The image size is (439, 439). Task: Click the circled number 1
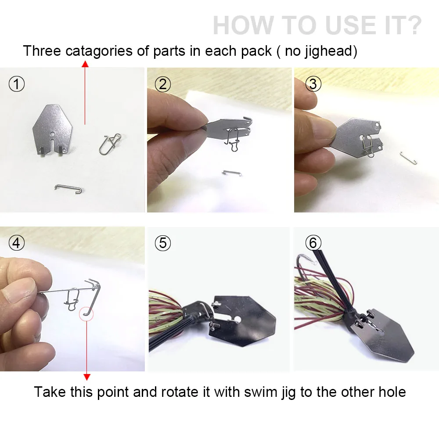click(17, 84)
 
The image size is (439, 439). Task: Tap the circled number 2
click(163, 84)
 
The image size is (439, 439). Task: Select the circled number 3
click(313, 84)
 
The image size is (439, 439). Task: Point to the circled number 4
click(17, 242)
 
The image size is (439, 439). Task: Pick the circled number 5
click(163, 242)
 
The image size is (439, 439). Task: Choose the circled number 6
click(313, 242)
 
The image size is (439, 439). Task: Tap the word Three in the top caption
click(42, 51)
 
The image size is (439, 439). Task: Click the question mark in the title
click(412, 25)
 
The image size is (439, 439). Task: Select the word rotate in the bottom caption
click(182, 392)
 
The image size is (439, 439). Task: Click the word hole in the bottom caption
click(392, 392)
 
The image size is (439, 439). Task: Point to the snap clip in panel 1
click(110, 144)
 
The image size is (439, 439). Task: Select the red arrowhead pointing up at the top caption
click(85, 65)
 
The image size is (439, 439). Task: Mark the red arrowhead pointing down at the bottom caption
click(87, 377)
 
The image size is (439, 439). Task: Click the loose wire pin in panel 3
click(408, 158)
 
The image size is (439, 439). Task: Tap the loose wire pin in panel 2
click(232, 173)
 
